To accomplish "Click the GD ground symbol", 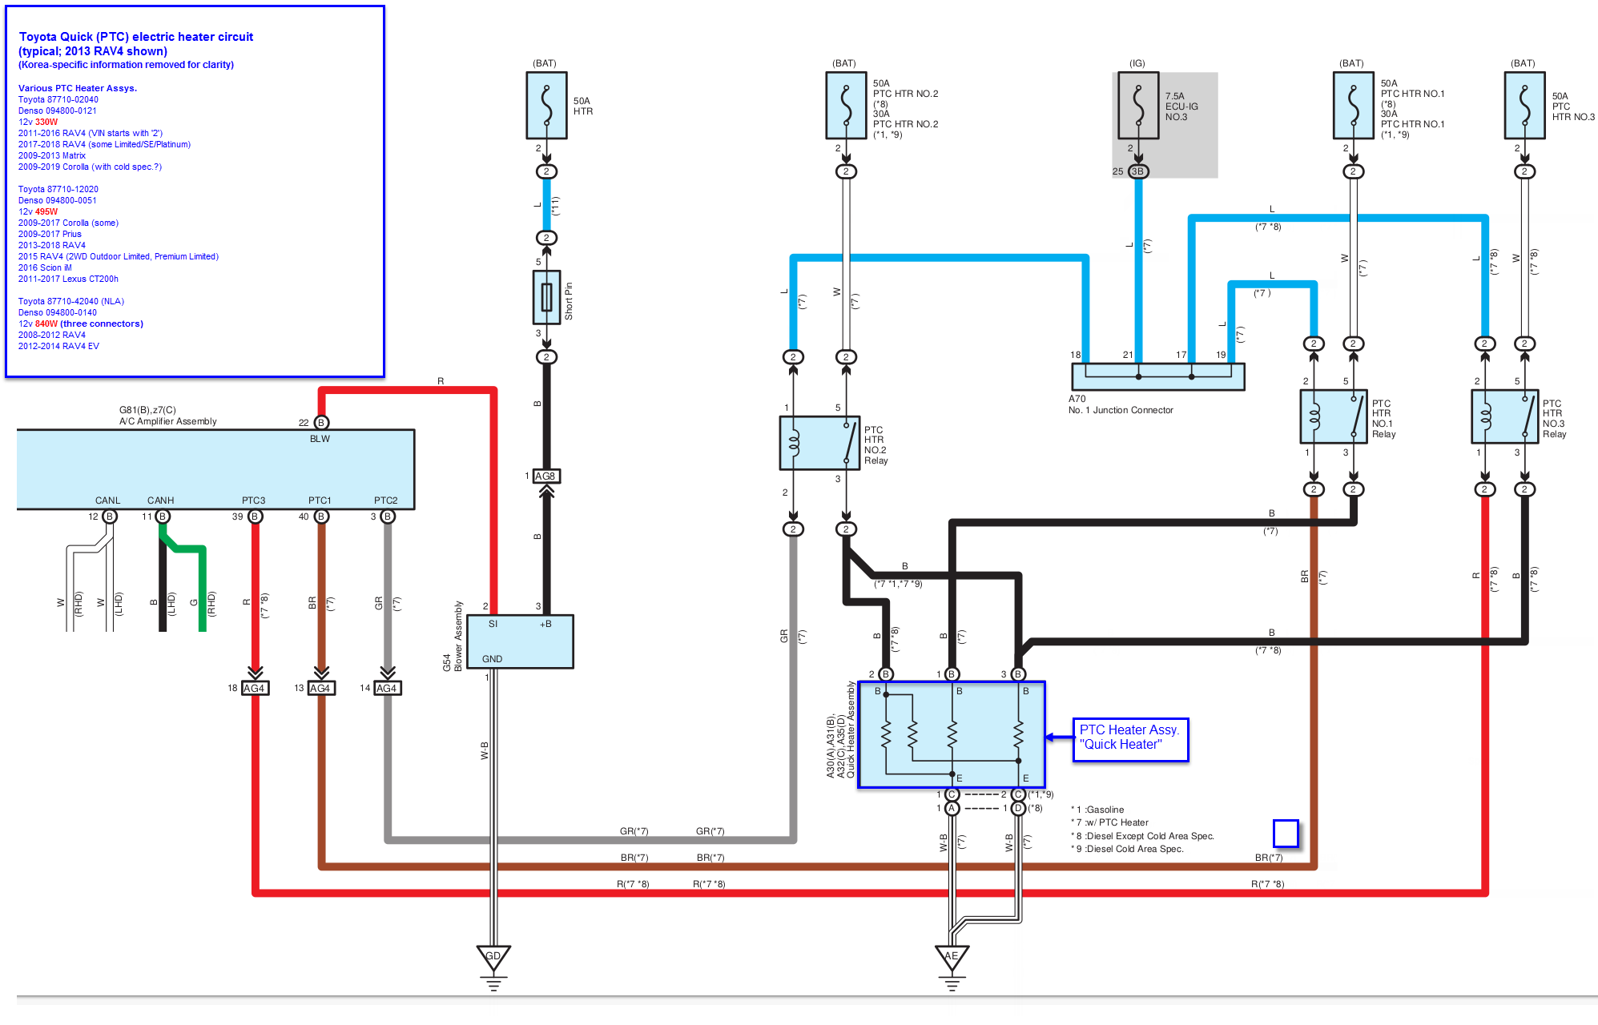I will (493, 957).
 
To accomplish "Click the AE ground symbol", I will (952, 957).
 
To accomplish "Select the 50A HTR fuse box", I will (546, 105).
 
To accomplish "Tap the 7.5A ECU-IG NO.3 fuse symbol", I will (1138, 105).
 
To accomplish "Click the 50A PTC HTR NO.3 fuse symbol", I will (1524, 105).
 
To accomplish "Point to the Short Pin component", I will (546, 297).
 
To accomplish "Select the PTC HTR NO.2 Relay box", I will (819, 443).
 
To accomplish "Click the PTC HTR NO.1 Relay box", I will (1333, 416).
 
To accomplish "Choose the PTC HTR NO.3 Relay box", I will (1504, 416).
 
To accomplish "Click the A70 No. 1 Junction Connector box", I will (1157, 376).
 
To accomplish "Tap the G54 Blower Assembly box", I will (520, 641).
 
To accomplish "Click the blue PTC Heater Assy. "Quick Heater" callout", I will (1129, 738).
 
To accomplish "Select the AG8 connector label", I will (545, 476).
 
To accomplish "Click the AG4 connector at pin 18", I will (255, 688).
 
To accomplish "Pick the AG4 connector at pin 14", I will (387, 688).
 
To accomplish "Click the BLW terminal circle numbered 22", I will (321, 423).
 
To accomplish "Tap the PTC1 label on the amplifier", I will (320, 500).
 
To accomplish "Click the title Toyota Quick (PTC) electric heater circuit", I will (136, 37).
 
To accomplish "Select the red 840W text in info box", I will (46, 324).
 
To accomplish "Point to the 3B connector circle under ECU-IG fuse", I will (1137, 171).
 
